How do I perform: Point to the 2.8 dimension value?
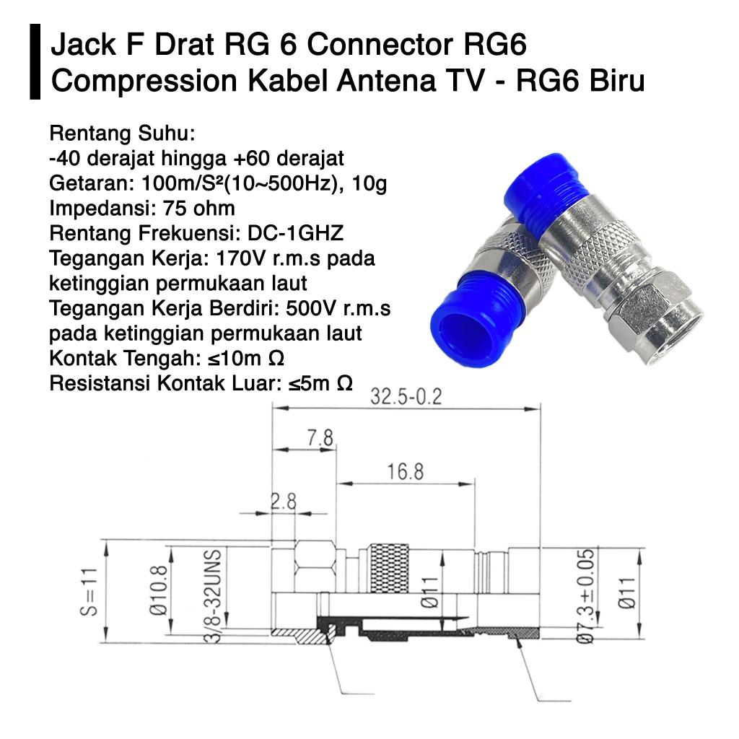(284, 502)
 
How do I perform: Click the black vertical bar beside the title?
(35, 62)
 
